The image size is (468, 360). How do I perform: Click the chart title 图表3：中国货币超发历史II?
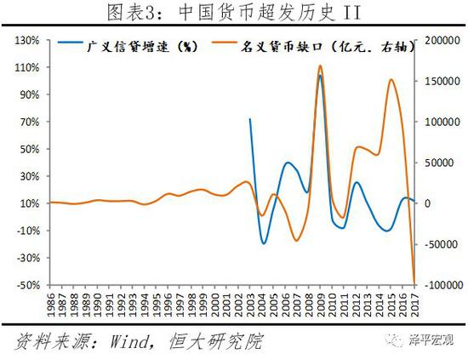(233, 11)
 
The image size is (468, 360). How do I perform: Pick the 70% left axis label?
(31, 122)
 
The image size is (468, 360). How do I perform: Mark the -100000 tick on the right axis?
(441, 285)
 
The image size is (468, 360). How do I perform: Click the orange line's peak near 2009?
(319, 66)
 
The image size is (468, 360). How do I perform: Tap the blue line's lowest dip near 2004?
(264, 243)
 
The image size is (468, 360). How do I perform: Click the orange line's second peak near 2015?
(391, 80)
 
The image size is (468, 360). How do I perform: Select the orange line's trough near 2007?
(296, 241)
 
